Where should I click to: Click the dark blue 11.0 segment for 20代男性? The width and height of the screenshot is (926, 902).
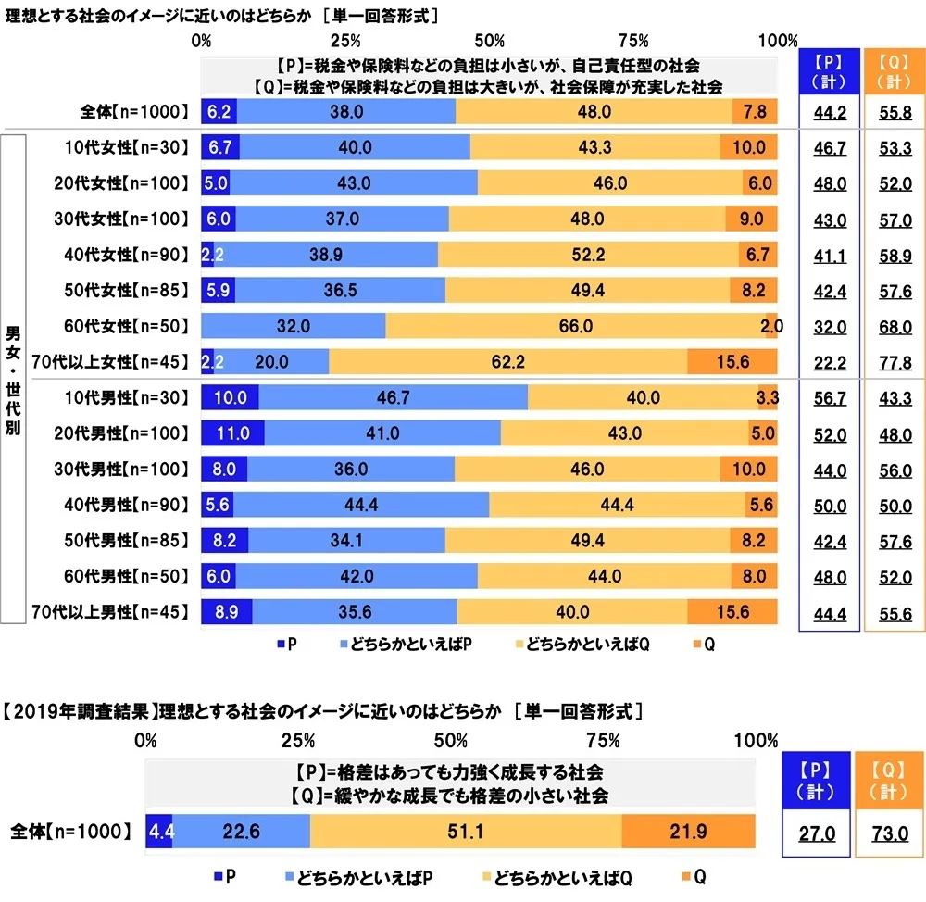pos(231,432)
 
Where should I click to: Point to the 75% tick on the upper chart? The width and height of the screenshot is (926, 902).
pos(633,41)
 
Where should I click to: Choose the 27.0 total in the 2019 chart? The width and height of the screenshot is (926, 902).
pos(817,833)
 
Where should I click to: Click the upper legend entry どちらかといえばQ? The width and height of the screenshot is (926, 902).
pos(588,645)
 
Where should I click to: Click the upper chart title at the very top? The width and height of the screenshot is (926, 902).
pos(222,15)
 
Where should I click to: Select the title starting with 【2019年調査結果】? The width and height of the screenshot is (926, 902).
pos(324,712)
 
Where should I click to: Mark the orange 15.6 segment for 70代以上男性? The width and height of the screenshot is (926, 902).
pos(732,611)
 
